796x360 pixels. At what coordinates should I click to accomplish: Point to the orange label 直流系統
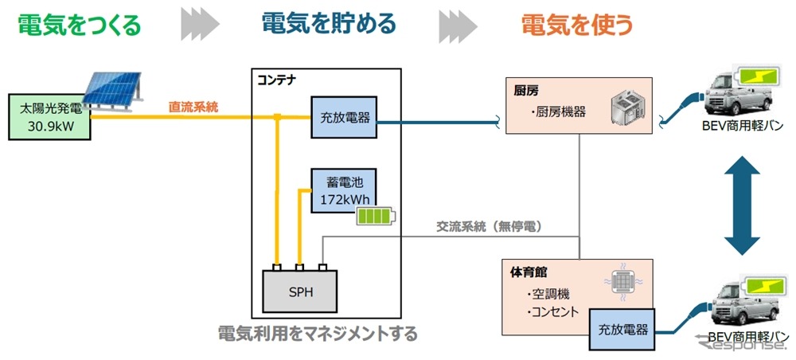pyautogui.click(x=193, y=106)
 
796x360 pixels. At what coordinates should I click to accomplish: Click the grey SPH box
pyautogui.click(x=301, y=292)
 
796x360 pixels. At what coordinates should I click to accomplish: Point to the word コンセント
pyautogui.click(x=552, y=311)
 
